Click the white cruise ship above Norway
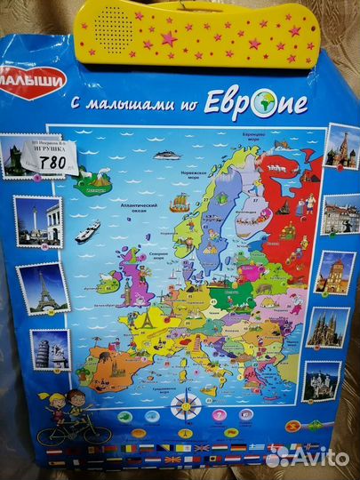tap(166, 155)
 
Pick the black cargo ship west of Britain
tap(87, 232)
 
